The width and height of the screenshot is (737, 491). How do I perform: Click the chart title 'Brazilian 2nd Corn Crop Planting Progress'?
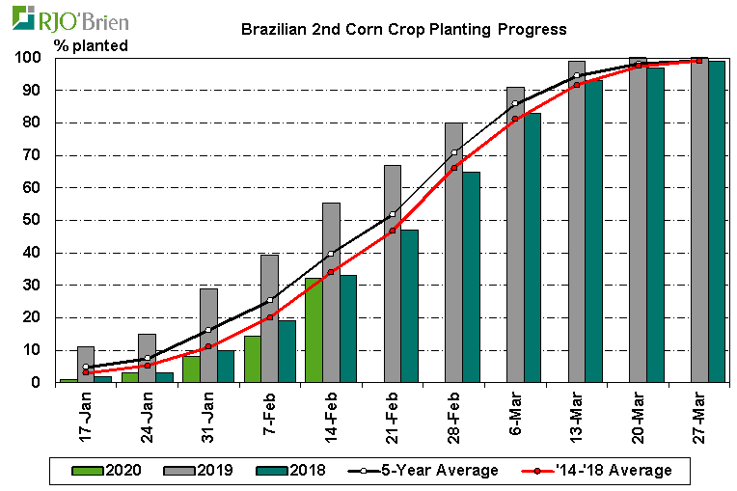click(403, 29)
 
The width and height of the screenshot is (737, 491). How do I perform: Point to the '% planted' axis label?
click(92, 44)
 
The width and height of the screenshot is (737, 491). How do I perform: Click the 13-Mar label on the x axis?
click(579, 416)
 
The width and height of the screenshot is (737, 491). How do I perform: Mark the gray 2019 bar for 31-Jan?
click(208, 335)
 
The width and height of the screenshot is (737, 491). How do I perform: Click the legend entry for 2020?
click(108, 470)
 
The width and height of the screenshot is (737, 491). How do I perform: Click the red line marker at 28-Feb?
click(454, 168)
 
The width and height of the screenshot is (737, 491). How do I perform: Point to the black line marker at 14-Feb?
click(331, 254)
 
